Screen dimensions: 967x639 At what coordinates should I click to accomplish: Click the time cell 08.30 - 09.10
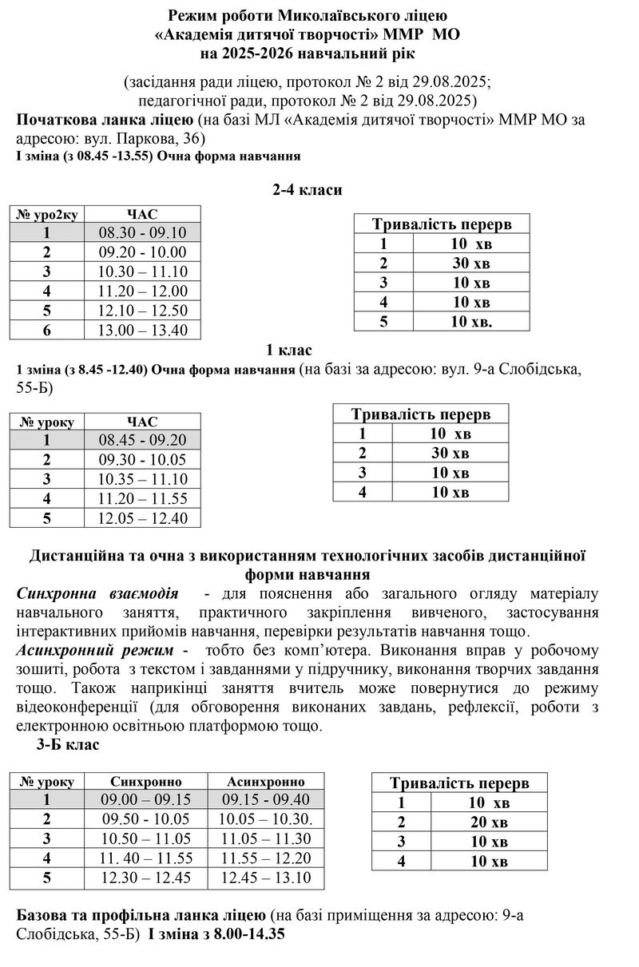(142, 232)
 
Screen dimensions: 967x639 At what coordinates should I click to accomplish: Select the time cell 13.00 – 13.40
(142, 330)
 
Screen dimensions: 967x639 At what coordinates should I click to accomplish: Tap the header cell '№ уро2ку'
(47, 213)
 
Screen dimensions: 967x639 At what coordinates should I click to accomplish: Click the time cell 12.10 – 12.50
(142, 311)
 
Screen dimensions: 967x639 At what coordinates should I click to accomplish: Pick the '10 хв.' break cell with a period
(470, 321)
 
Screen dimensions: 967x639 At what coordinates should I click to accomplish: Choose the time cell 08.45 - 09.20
(142, 440)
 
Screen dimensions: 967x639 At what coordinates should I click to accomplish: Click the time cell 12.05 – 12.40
(142, 518)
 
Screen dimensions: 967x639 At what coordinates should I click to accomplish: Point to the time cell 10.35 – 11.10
(142, 479)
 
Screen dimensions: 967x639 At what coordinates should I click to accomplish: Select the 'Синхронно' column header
(146, 781)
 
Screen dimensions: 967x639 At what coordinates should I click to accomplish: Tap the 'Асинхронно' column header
(266, 781)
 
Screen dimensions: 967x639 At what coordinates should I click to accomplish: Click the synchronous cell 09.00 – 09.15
(146, 799)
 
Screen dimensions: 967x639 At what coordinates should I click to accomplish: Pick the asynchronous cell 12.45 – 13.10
(266, 878)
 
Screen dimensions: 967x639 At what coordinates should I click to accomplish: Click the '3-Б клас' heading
(68, 745)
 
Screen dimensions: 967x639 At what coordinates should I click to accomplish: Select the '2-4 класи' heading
(308, 189)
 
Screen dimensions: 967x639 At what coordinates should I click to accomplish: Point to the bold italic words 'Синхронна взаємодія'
(97, 594)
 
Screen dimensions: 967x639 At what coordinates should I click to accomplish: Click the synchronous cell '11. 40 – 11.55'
(146, 858)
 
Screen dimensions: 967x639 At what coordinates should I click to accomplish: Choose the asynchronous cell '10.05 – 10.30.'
(266, 819)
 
